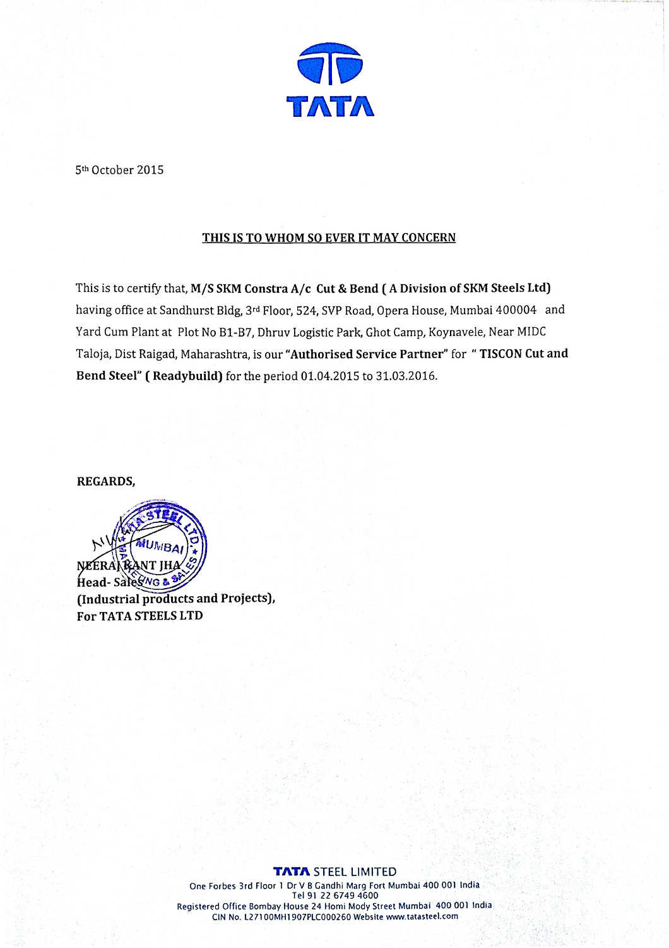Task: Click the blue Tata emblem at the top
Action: tap(329, 64)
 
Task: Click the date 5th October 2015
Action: tap(119, 170)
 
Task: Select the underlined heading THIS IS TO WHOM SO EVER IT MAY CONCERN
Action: tap(329, 237)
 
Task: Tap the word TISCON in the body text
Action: tap(500, 354)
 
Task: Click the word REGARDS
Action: tap(105, 482)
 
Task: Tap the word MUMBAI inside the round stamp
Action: tap(161, 546)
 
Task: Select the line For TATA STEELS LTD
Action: tap(139, 616)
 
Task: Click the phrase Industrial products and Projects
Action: tap(175, 599)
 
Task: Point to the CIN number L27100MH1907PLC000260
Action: tap(297, 916)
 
